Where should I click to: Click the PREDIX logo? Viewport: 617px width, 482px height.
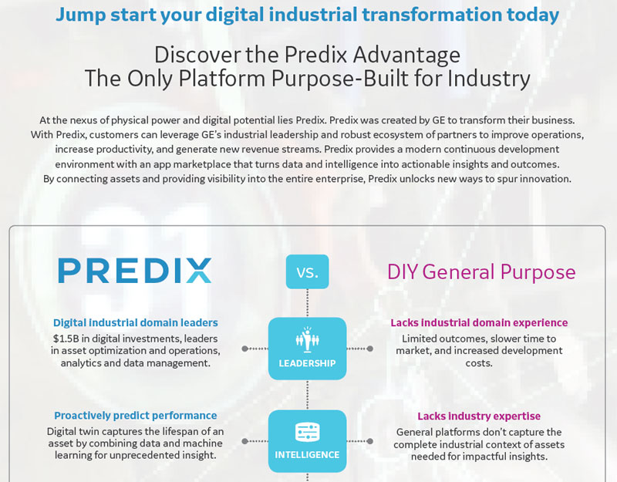[134, 271]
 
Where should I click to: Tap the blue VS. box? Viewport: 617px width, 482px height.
[307, 271]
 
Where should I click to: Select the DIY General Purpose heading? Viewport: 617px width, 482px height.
[481, 272]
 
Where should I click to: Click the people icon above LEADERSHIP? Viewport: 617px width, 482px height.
[307, 339]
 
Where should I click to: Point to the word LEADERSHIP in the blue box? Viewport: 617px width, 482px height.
[307, 363]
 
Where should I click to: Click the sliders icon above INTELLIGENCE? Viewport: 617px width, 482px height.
[307, 432]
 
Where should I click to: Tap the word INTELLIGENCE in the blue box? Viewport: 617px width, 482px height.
[307, 455]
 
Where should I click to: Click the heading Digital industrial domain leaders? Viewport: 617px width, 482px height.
[136, 322]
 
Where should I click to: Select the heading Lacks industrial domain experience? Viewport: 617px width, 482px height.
[479, 322]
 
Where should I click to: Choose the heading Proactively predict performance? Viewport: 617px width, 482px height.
[136, 416]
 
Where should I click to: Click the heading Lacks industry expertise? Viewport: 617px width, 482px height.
[479, 416]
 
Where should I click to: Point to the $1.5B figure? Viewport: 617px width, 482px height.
[66, 339]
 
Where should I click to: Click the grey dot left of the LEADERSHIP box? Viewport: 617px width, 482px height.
[244, 349]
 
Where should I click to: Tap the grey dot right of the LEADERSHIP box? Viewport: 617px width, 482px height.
[370, 349]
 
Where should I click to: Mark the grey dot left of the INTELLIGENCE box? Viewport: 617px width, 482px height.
[244, 441]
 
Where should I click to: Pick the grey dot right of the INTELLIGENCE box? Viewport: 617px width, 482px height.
[370, 441]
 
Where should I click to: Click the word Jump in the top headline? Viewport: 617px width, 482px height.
[81, 15]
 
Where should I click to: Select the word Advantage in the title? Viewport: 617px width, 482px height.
[406, 54]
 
